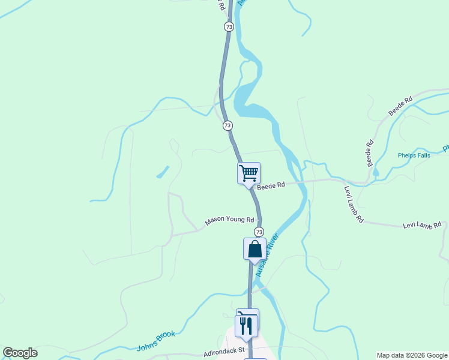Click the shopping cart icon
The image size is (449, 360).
point(249,173)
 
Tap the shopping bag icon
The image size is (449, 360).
point(255,248)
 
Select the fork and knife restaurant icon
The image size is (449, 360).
point(247,325)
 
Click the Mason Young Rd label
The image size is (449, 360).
point(229,221)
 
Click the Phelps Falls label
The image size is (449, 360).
point(415,155)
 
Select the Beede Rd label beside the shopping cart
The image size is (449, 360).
point(271,187)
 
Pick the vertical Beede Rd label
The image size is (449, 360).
point(370,153)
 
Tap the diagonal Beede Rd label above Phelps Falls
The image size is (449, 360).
point(400,106)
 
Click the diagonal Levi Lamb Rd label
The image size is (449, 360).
point(354,205)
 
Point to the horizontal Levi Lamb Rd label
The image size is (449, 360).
point(421,225)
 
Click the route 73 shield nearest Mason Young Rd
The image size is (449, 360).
point(259,232)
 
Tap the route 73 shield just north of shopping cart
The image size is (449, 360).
point(228,125)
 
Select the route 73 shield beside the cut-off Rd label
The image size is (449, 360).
point(229,27)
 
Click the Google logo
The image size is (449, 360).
point(20,353)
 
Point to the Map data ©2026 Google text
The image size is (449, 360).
point(412,355)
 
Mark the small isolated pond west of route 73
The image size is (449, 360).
point(161,172)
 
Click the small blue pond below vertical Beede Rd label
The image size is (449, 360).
point(376,173)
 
